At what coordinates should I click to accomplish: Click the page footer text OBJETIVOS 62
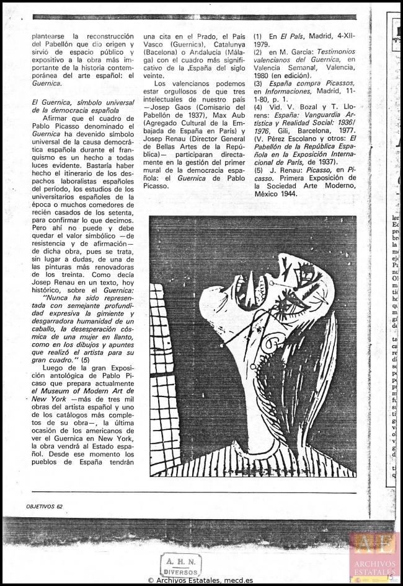click(x=45, y=506)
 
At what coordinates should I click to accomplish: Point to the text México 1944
click(x=280, y=193)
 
